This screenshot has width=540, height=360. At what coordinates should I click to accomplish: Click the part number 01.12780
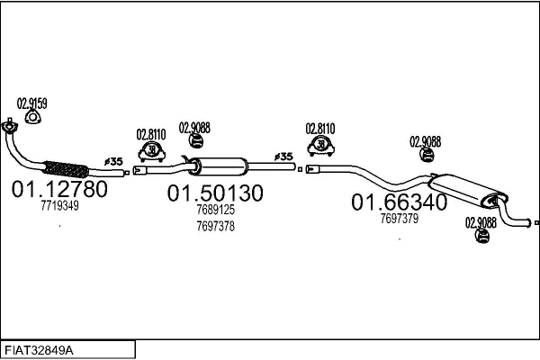tap(59, 189)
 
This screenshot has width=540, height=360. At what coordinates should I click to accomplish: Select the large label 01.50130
tap(215, 193)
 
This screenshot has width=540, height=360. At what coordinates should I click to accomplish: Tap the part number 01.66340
tap(399, 202)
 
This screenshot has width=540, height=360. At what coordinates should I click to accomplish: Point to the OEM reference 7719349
tap(59, 206)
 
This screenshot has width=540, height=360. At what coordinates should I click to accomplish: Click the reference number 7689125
tap(216, 210)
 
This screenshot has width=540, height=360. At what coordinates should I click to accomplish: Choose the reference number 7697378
tap(216, 226)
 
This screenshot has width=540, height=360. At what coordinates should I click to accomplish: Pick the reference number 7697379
tap(399, 218)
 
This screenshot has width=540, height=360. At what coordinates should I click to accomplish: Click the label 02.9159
tap(32, 103)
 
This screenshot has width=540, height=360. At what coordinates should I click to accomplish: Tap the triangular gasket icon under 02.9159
tap(33, 117)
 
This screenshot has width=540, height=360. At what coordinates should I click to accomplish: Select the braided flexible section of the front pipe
tap(66, 169)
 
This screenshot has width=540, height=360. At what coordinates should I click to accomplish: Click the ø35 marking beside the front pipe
tap(113, 161)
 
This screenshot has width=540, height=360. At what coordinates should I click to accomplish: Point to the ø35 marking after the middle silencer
tap(283, 157)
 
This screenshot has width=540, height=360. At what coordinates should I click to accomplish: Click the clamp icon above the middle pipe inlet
tap(151, 151)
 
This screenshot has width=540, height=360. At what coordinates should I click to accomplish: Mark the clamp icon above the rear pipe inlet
tap(321, 146)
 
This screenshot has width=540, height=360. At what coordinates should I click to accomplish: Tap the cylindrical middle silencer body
tap(218, 166)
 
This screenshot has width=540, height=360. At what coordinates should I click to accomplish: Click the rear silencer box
tap(468, 191)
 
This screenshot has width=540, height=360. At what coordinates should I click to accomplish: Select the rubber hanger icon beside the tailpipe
tap(482, 236)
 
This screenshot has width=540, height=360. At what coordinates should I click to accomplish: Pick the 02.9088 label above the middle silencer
tap(194, 128)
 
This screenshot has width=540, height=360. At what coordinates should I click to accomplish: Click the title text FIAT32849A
tap(39, 351)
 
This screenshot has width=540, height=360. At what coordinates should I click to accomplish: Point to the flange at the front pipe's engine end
tap(9, 126)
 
